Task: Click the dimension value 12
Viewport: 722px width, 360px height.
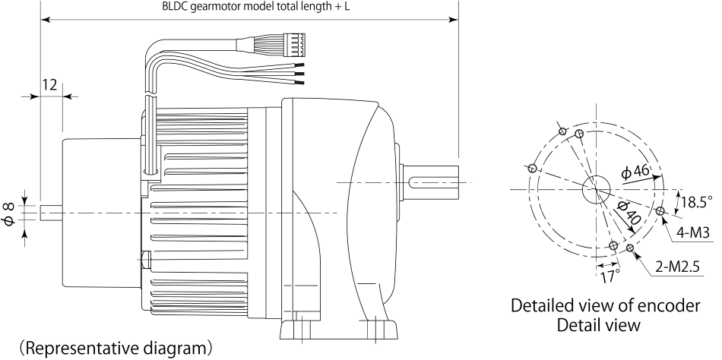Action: [x=49, y=84]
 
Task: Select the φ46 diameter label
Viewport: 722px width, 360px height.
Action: [x=635, y=172]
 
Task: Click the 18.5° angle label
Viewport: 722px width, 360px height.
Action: [x=696, y=202]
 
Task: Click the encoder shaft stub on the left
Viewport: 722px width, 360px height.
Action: [x=50, y=213]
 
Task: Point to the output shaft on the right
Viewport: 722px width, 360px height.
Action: [x=433, y=183]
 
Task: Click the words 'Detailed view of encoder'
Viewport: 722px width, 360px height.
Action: [x=605, y=306]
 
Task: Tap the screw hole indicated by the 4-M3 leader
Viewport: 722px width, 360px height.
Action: [x=659, y=212]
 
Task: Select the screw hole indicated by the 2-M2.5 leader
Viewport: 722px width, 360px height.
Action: [x=630, y=248]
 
